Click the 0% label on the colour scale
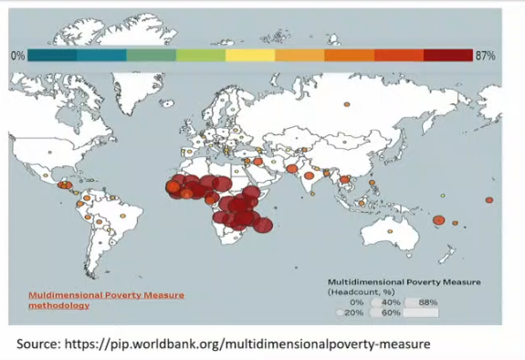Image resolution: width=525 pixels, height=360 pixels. (x=17, y=56)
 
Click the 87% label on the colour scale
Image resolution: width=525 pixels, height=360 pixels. (x=485, y=56)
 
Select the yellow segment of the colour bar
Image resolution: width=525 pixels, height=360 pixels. (x=250, y=56)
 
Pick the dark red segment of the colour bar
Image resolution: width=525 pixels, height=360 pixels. (x=448, y=56)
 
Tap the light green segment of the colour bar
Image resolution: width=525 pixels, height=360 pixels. (x=201, y=56)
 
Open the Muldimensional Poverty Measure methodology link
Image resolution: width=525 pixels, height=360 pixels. (x=106, y=301)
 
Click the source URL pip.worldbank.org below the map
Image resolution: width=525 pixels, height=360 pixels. (x=247, y=344)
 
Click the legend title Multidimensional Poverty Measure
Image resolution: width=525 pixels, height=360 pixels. (x=404, y=282)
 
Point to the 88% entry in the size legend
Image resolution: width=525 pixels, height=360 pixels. (x=421, y=302)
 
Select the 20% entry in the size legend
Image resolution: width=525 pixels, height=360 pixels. (x=350, y=312)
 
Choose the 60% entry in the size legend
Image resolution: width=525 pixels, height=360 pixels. (x=384, y=312)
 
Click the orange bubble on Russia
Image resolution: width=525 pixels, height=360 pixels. (x=347, y=104)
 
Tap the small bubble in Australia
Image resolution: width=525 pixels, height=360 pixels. (x=390, y=231)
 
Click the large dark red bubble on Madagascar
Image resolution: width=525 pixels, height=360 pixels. (x=263, y=225)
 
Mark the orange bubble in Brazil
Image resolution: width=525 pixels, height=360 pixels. (x=123, y=216)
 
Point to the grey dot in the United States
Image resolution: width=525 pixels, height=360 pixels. (x=50, y=153)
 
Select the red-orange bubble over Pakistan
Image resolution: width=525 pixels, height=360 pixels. (x=292, y=169)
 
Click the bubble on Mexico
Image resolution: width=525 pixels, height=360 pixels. (x=46, y=175)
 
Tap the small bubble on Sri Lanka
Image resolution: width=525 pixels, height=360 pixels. (x=312, y=194)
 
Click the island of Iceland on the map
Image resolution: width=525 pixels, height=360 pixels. (x=167, y=103)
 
